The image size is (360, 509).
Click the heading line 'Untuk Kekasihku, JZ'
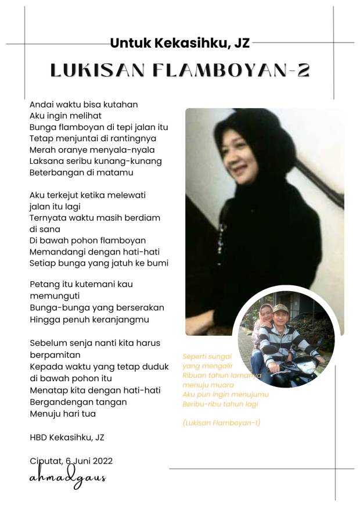[x=179, y=42]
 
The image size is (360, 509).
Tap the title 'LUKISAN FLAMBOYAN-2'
[x=180, y=70]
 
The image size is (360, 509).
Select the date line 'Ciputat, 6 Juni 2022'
[x=71, y=461]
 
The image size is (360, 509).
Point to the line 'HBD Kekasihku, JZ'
[x=67, y=438]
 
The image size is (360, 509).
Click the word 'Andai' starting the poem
[x=41, y=105]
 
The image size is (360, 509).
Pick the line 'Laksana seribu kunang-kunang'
[x=95, y=161]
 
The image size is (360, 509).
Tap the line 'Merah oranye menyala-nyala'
[x=92, y=149]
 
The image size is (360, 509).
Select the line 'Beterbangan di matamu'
[x=81, y=173]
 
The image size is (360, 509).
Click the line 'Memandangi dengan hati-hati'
[x=95, y=252]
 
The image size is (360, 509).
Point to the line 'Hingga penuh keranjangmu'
[x=89, y=319]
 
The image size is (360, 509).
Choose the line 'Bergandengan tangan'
[x=78, y=402]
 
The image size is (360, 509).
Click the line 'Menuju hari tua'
[x=63, y=414]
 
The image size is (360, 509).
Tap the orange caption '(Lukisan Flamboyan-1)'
[x=221, y=422]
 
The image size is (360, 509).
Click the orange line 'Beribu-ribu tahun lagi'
[x=220, y=404]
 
